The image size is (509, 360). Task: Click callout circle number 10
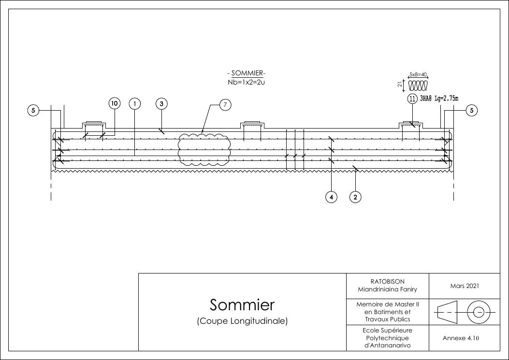pyautogui.click(x=114, y=103)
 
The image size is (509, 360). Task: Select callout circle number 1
pyautogui.click(x=135, y=103)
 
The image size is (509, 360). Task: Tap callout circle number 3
pyautogui.click(x=161, y=103)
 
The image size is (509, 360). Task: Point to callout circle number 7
pyautogui.click(x=226, y=105)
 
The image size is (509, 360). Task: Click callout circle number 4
pyautogui.click(x=331, y=197)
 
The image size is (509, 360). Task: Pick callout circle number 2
pyautogui.click(x=355, y=197)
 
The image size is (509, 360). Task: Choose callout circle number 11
pyautogui.click(x=412, y=99)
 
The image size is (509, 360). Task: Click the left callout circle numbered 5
pyautogui.click(x=33, y=111)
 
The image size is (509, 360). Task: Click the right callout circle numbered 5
pyautogui.click(x=472, y=111)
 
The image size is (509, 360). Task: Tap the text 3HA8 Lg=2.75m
pyautogui.click(x=439, y=99)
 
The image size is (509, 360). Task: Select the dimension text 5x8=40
pyautogui.click(x=418, y=75)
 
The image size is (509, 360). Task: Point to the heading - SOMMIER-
pyautogui.click(x=247, y=73)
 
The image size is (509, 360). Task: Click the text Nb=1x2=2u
pyautogui.click(x=247, y=82)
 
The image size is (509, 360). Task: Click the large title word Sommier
pyautogui.click(x=242, y=305)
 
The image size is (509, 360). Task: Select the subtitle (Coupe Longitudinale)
pyautogui.click(x=242, y=321)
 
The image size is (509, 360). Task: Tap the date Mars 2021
pyautogui.click(x=465, y=286)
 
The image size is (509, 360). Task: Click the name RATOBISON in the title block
pyautogui.click(x=387, y=281)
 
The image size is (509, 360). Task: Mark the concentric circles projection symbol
pyautogui.click(x=479, y=312)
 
